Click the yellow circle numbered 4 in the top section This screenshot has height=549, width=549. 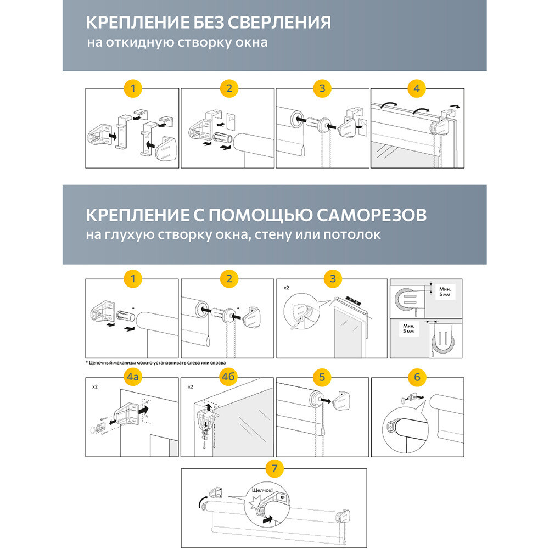pos(417,88)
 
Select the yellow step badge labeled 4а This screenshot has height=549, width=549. pos(133,377)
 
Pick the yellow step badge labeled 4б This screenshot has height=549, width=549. pos(227,377)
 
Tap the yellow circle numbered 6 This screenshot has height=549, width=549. pos(417,377)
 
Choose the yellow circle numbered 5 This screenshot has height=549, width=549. pos(322,377)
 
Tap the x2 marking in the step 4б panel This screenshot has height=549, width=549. pos(191,386)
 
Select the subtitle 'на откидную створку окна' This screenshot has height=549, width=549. pos(177,42)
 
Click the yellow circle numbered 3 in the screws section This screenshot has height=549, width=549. pos(332,279)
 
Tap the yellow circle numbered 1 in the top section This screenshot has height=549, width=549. pos(133,88)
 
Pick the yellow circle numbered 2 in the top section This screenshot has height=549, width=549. pos(228,88)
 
